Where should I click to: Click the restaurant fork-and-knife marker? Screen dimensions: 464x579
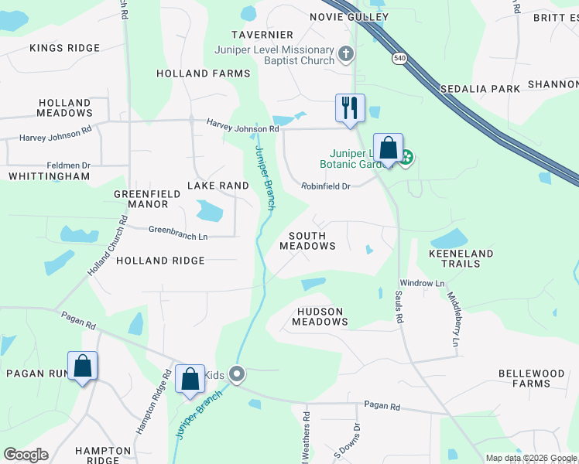click(x=350, y=107)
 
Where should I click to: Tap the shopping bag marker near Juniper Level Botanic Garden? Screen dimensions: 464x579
click(x=388, y=148)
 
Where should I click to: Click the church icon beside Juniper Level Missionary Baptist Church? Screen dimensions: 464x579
click(x=346, y=55)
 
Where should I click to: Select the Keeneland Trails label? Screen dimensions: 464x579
click(x=461, y=258)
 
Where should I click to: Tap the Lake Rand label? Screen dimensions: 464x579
click(x=218, y=186)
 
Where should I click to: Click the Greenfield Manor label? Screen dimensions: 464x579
click(x=141, y=199)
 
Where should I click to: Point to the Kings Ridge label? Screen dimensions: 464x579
click(x=65, y=48)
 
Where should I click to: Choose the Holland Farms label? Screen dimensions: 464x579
click(x=204, y=73)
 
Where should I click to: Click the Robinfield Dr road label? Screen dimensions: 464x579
click(x=326, y=186)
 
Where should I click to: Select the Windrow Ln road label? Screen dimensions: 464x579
click(x=422, y=284)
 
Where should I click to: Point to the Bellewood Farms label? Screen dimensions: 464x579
click(x=531, y=378)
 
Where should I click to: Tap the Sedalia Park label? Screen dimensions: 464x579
click(x=480, y=89)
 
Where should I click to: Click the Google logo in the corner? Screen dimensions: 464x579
click(x=26, y=455)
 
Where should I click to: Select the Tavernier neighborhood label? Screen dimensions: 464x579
click(x=263, y=35)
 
